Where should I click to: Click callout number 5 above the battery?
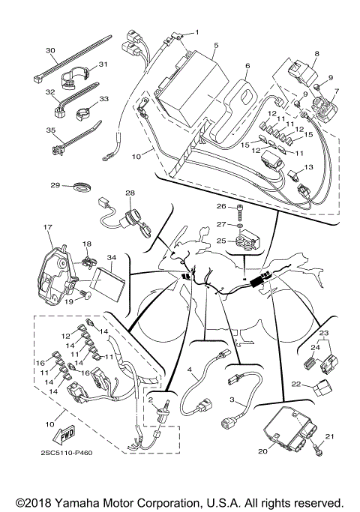(x=215, y=46)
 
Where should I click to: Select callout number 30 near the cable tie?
(x=51, y=51)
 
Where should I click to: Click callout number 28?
(x=130, y=193)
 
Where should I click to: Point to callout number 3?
(x=232, y=401)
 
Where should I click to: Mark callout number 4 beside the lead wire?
(x=190, y=370)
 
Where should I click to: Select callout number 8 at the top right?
(x=316, y=54)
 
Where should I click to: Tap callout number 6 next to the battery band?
(x=247, y=65)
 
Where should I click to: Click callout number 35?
(x=51, y=130)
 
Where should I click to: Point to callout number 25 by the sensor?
(x=220, y=241)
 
